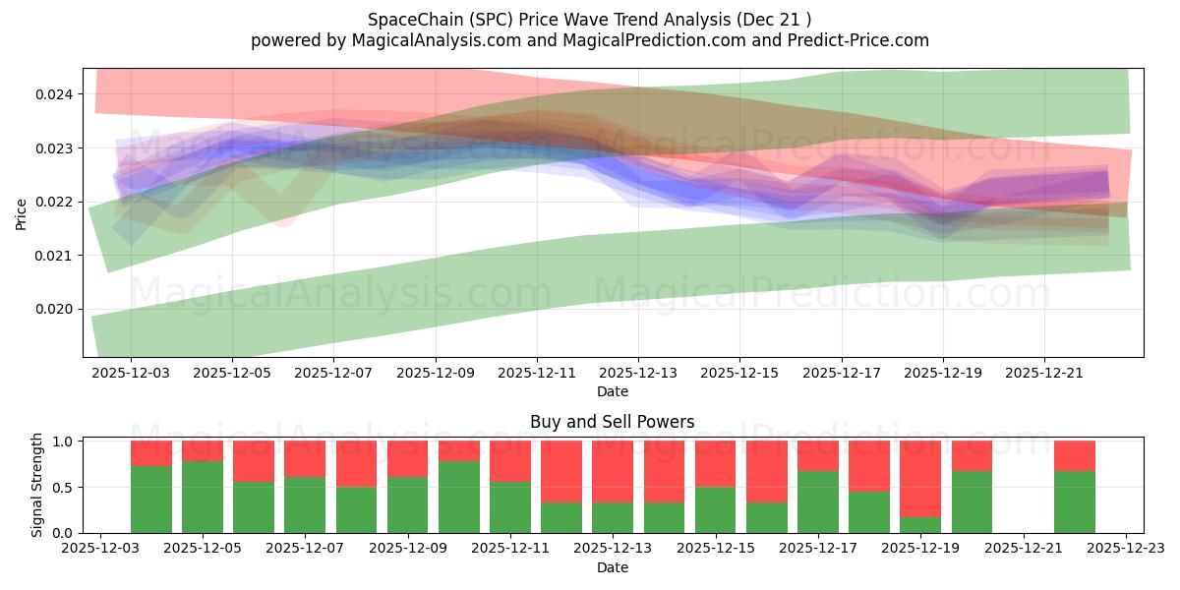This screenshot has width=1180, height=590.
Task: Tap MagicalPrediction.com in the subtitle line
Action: tap(640, 40)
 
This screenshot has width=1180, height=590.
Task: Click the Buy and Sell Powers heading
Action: tap(612, 422)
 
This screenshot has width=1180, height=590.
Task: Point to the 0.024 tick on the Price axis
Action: tap(54, 95)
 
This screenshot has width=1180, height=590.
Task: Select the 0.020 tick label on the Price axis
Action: tap(54, 310)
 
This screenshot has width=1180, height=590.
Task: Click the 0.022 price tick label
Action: tap(54, 203)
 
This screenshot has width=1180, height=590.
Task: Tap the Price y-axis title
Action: tap(22, 212)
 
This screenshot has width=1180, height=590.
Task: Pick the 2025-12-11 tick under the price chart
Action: tap(537, 374)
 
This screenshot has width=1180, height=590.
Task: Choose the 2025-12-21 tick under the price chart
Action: tap(1044, 374)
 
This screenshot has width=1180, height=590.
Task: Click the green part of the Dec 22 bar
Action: tap(1074, 501)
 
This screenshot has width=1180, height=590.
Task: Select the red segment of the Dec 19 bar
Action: tap(920, 478)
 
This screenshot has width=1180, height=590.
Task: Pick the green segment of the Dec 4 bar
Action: tap(151, 500)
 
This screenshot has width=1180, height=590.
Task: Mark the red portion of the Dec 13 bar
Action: tap(613, 471)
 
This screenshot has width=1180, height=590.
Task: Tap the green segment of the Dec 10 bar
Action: tap(459, 497)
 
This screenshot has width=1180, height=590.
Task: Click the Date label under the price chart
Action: tap(612, 391)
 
